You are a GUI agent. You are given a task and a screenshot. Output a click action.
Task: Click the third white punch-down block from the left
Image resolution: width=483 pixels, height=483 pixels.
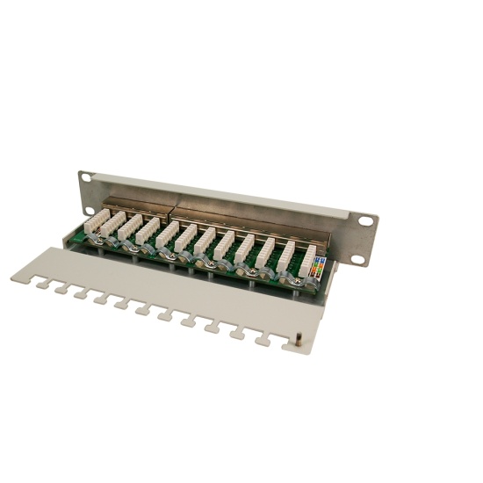(149, 230)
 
